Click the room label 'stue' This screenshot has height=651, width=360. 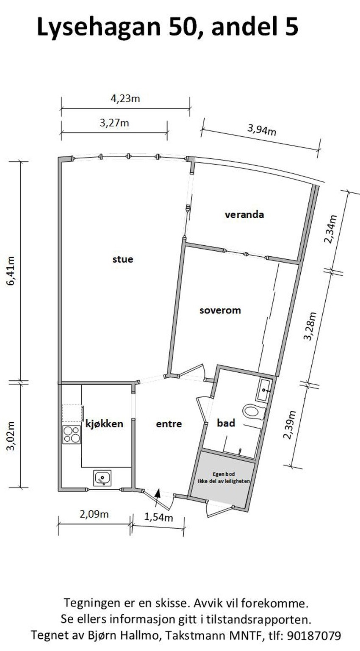click(x=122, y=259)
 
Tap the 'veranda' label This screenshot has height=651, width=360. click(x=244, y=214)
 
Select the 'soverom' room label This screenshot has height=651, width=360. click(x=220, y=310)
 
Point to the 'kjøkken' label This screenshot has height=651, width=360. click(x=104, y=424)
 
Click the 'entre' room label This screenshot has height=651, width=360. click(x=169, y=424)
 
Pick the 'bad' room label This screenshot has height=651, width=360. click(x=226, y=423)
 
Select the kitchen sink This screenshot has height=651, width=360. click(x=102, y=478)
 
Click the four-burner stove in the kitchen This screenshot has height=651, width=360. click(x=72, y=435)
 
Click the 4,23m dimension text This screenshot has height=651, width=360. click(x=125, y=99)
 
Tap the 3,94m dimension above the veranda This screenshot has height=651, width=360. click(x=262, y=130)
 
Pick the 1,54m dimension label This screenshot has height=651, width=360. click(x=158, y=517)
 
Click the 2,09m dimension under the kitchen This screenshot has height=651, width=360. click(x=94, y=514)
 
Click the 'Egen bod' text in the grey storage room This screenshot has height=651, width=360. click(x=223, y=474)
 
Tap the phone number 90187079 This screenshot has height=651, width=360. click(x=314, y=635)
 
